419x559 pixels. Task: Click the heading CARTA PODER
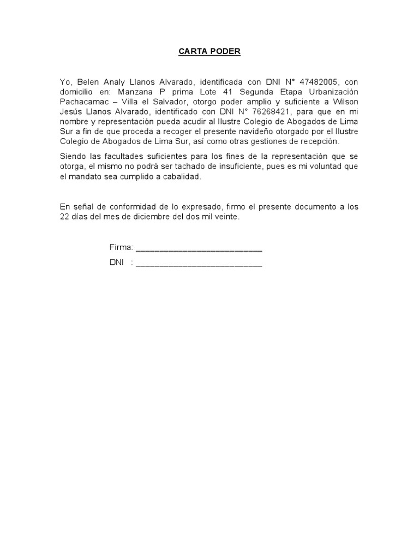tap(209, 52)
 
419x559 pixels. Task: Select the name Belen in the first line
tap(81, 82)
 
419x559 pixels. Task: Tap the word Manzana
tap(133, 92)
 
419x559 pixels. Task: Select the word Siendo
tap(71, 157)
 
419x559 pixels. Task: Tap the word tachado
tap(210, 166)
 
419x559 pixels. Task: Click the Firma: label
tap(121, 248)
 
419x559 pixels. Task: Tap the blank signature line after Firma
tap(199, 249)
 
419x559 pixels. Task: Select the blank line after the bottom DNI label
tap(199, 265)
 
